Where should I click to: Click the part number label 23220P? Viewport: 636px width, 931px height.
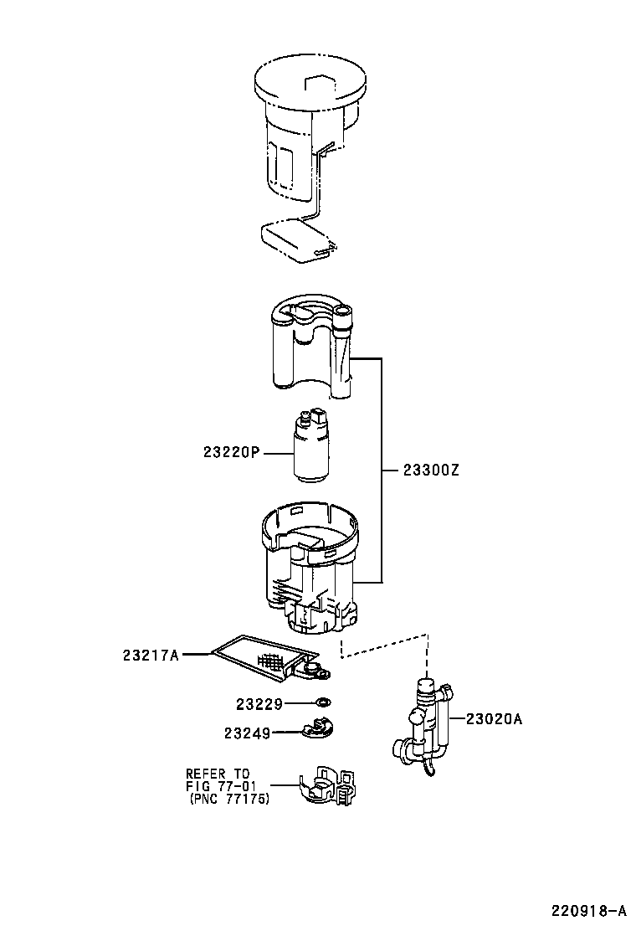click(231, 452)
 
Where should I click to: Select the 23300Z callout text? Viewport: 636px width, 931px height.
click(431, 471)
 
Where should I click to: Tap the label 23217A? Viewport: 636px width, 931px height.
click(151, 655)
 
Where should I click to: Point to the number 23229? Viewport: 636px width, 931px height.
click(259, 704)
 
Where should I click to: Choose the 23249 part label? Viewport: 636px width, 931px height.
click(247, 733)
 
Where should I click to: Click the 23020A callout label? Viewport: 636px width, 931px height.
click(494, 719)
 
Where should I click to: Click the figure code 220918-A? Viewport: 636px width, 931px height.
click(589, 910)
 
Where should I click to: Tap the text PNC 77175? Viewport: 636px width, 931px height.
click(230, 800)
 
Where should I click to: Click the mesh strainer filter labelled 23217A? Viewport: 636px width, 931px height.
click(271, 658)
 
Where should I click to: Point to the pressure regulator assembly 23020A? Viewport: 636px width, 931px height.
click(423, 728)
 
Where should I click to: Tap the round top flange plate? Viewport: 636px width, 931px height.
click(310, 84)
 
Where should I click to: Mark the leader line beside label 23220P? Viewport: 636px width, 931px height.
click(278, 453)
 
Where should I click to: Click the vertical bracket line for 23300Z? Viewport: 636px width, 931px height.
click(381, 470)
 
